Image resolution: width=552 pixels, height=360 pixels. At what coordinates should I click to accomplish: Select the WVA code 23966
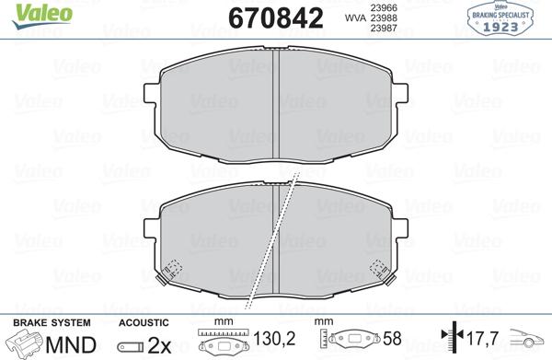coord(383,7)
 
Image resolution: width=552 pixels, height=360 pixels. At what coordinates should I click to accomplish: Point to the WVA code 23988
coord(383,17)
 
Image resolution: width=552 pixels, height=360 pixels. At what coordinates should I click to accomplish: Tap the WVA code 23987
coord(383,28)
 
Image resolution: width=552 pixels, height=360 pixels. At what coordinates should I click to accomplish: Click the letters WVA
coord(354,17)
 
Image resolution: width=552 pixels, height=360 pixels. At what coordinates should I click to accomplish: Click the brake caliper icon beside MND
coord(25,344)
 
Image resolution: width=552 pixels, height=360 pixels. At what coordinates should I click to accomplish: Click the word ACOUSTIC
coord(144,322)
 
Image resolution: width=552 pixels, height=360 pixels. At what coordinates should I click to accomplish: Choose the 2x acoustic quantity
coord(160,344)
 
